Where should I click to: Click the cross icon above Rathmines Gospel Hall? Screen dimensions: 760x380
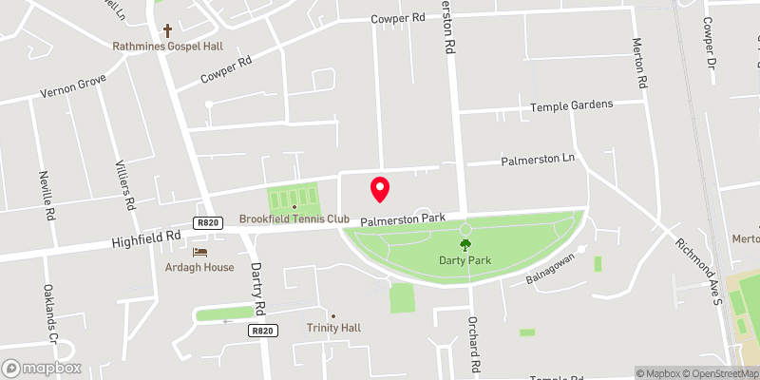click(168, 31)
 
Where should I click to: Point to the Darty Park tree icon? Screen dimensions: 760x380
click(465, 244)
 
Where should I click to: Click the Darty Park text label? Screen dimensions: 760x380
click(465, 259)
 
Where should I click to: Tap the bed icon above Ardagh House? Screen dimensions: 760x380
click(199, 252)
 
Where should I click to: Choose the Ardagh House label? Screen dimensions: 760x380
click(199, 267)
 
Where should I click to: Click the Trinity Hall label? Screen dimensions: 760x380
click(333, 328)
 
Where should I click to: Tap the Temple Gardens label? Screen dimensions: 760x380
click(572, 105)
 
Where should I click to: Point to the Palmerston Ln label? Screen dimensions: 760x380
click(539, 161)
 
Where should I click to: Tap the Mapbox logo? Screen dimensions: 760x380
click(41, 368)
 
